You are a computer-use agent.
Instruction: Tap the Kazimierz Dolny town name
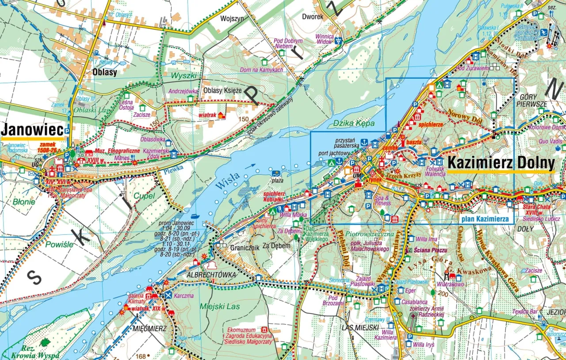pos(501,163)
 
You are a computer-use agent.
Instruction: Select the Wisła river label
pos(228,180)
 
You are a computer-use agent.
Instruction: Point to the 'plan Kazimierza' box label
pos(486,219)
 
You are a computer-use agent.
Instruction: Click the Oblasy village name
pos(105,72)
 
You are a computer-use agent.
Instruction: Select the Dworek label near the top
pos(313,17)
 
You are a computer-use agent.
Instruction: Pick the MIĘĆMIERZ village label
pos(149,329)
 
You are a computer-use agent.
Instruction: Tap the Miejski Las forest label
pos(219,306)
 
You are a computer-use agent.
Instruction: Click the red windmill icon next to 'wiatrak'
pos(221,115)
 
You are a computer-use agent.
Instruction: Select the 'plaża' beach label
pos(277,180)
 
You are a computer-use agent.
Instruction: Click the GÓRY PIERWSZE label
pos(534,100)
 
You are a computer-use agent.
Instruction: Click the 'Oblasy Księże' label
pos(222,91)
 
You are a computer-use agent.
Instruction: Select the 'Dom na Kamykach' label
pos(261,70)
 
